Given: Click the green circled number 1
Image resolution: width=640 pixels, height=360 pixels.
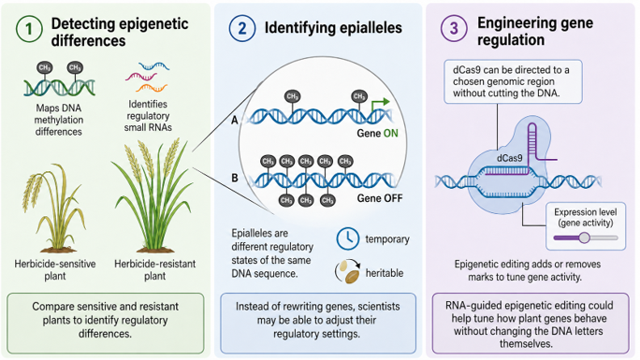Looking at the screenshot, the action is tap(29, 29).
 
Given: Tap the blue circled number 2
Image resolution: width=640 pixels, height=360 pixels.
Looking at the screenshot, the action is tap(242, 29).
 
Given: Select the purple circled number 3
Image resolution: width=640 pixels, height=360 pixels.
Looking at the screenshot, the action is tap(454, 28).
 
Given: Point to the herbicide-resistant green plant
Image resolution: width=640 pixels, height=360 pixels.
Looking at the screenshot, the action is tap(154, 195).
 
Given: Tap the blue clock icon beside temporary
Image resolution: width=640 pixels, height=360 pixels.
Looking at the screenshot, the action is tap(348, 238).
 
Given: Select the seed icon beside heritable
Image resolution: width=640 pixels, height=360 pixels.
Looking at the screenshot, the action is tap(347, 271).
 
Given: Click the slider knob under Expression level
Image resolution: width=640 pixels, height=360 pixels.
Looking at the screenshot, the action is tap(584, 238).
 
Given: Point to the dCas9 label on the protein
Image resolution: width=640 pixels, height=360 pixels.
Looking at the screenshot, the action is tap(509, 158).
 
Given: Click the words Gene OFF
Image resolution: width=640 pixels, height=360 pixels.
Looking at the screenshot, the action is tap(380, 198).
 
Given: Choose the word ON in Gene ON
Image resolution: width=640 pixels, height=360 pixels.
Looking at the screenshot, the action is tap(390, 134).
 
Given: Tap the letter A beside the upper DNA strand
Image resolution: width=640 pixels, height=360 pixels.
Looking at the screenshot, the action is tap(234, 121).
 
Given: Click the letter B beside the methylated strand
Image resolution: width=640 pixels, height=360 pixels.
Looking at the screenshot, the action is tap(235, 179).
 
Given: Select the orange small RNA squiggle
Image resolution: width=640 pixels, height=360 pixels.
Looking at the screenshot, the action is tap(152, 87).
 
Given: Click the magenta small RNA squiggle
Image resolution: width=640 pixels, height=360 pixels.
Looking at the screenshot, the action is tap(141, 77).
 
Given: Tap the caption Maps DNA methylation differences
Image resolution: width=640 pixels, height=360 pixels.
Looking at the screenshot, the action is tap(59, 120).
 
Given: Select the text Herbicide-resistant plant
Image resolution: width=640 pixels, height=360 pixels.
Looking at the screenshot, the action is tap(154, 269).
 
